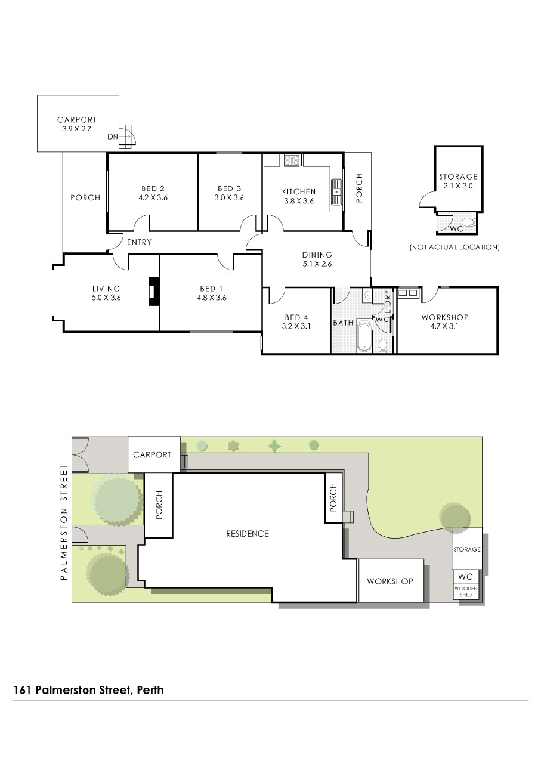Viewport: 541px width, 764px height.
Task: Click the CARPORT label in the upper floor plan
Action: [77, 120]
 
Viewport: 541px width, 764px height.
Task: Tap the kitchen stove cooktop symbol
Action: [292, 160]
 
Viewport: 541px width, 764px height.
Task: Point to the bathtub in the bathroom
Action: [364, 335]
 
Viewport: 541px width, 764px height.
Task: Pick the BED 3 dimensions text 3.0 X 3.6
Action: [229, 197]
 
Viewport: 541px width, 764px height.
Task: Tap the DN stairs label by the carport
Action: [113, 137]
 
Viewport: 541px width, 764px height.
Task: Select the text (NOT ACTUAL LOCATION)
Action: [455, 247]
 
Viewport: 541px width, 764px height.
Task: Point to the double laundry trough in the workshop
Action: [408, 293]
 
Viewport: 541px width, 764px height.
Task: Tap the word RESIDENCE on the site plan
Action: [248, 533]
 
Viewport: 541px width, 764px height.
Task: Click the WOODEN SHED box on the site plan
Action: [466, 592]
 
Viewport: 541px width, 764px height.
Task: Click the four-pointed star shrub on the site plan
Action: [274, 446]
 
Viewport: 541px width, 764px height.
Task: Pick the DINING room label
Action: [317, 255]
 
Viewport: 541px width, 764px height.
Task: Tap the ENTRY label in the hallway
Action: [139, 242]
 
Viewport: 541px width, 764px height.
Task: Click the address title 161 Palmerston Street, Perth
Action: [88, 690]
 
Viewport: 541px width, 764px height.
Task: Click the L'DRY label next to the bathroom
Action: [388, 302]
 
